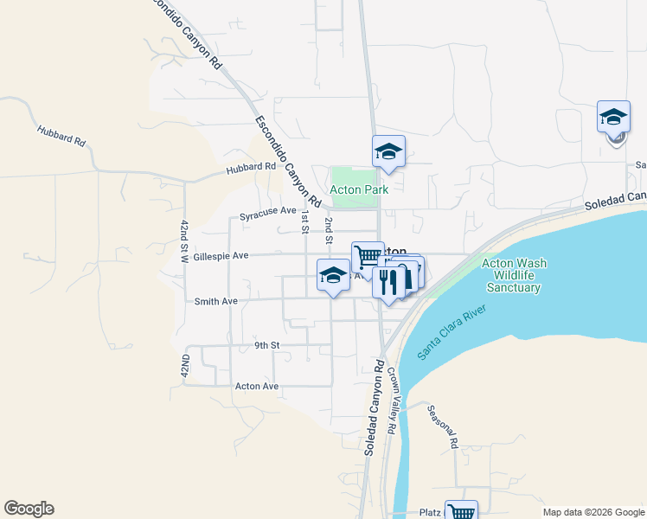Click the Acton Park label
coord(359,189)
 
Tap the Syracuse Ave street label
coord(268,211)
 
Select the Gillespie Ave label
coord(221,256)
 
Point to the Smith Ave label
coord(215,302)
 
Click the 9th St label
coord(267,345)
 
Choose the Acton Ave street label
coord(257,386)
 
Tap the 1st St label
coord(304,221)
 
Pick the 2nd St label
coord(329,230)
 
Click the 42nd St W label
coord(184,241)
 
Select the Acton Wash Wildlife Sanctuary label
coord(514,276)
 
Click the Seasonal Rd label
coord(441,426)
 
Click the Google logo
coord(29,509)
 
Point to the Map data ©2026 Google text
coord(593,512)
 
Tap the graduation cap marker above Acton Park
coord(388,152)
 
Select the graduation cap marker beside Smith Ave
coord(333,275)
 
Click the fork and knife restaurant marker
coord(388,281)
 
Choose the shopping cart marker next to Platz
coord(461,511)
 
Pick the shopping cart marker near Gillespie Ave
coord(368,256)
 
